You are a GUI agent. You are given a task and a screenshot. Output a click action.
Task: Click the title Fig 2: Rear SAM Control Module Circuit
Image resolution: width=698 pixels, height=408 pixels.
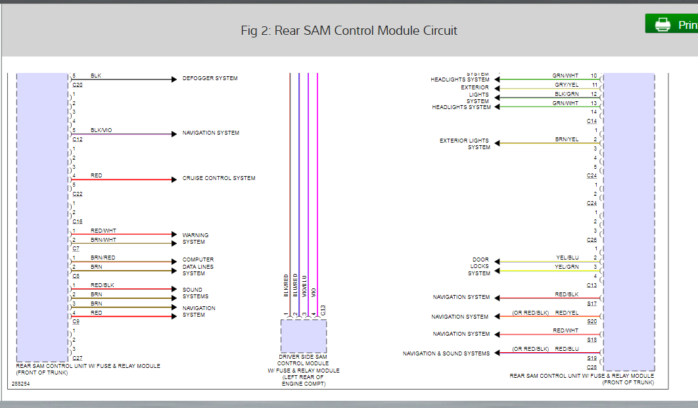tap(349, 31)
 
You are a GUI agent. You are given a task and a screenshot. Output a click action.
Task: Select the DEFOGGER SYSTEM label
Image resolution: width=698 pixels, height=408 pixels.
tap(210, 79)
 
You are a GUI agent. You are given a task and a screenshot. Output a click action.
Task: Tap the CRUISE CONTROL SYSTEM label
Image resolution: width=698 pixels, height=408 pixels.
tap(218, 179)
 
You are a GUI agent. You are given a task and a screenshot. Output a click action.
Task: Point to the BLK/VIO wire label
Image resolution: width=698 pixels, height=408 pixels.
tap(101, 130)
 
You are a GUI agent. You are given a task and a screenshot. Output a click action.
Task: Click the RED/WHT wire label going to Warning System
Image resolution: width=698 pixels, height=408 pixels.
tap(103, 231)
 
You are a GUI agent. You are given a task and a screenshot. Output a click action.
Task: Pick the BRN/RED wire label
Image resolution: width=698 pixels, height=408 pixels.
tap(103, 258)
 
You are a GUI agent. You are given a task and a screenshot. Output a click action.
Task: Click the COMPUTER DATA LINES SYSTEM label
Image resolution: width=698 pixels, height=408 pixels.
tap(198, 267)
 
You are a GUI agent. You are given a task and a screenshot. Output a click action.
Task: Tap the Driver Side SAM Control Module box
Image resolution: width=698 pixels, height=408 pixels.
tap(304, 336)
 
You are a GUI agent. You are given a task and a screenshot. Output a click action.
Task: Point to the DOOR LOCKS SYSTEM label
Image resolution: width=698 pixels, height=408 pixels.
tap(480, 267)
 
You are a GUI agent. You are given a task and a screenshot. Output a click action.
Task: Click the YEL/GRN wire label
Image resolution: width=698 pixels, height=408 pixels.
tap(567, 267)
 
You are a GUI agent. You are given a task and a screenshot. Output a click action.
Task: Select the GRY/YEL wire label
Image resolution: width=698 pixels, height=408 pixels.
tap(566, 85)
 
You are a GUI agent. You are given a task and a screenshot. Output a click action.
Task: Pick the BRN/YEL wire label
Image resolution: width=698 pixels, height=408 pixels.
tap(567, 139)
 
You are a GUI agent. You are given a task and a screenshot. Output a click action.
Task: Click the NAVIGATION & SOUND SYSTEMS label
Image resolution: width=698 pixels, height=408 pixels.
tap(446, 353)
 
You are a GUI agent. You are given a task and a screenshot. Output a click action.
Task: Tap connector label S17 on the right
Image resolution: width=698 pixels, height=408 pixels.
tap(592, 304)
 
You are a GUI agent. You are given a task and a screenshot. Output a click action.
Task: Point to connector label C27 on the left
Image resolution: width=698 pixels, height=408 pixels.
tap(77, 358)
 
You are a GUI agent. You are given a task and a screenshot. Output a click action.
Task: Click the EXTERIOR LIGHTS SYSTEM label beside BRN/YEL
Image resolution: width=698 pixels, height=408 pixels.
tap(465, 144)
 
